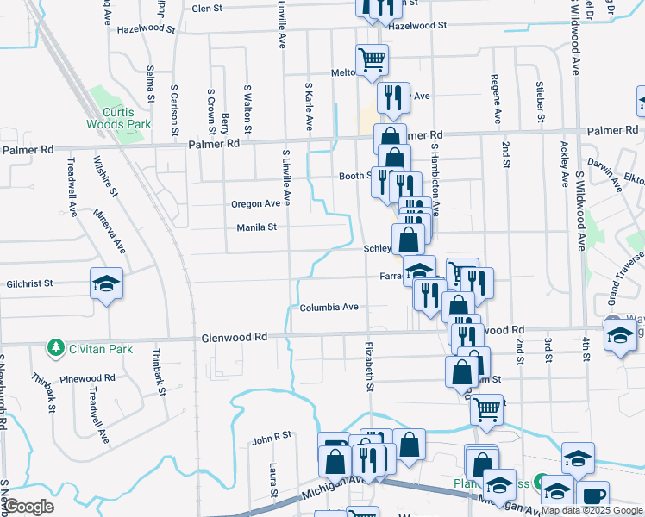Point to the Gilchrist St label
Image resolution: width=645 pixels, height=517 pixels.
tap(30, 283)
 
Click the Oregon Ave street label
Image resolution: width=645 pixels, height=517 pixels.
tap(256, 204)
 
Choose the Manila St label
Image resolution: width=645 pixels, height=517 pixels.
tap(257, 227)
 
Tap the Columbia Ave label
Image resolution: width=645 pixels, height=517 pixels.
tap(329, 307)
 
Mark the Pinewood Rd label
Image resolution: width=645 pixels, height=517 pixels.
tap(88, 378)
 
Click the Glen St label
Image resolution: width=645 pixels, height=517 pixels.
tap(207, 9)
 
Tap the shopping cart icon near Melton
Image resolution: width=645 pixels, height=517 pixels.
tap(373, 60)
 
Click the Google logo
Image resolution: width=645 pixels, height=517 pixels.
tap(28, 508)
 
